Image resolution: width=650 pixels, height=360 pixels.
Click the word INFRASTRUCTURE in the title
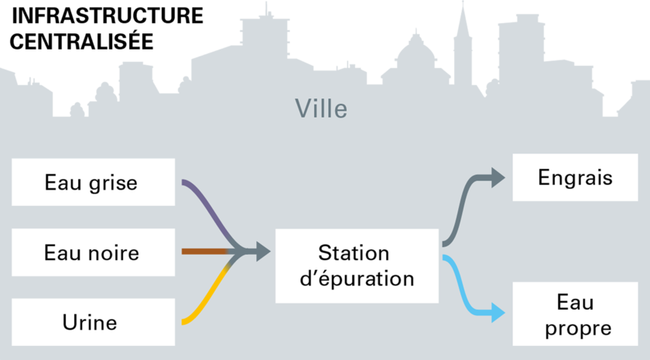[x=108, y=16]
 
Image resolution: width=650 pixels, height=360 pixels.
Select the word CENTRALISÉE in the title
[x=82, y=42]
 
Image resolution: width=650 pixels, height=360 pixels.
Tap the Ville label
[x=321, y=108]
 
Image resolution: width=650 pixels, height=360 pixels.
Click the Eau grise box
[x=94, y=182]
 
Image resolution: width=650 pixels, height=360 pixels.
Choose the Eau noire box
[x=94, y=252]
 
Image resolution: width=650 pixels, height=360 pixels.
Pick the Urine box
[x=94, y=322]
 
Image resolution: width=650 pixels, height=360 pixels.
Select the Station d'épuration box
[x=357, y=266]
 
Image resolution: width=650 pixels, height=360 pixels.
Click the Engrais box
[x=575, y=177]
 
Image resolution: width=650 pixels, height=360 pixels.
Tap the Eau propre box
[x=575, y=314]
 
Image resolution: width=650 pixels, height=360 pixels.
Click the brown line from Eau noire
[x=204, y=252]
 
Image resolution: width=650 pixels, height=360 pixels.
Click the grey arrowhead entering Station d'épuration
[x=263, y=252]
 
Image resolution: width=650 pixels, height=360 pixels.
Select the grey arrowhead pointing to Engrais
[x=498, y=177]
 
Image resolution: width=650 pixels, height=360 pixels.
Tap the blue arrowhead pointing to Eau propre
[x=498, y=312]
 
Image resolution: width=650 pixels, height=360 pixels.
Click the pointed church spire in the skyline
[x=463, y=25]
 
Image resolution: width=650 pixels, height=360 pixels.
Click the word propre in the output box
[x=578, y=329]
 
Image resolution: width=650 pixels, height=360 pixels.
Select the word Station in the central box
[x=354, y=253]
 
